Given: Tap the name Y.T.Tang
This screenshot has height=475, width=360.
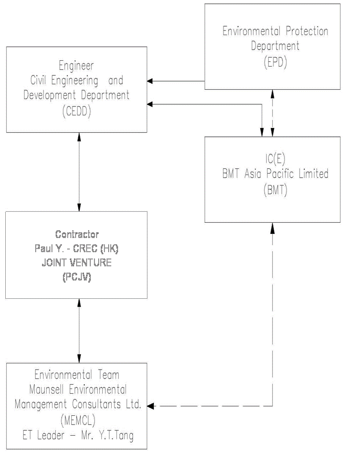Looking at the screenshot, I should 115,436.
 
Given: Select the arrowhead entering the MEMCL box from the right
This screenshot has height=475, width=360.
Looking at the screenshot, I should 151,406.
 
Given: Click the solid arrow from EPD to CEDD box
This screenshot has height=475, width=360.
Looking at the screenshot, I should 175,81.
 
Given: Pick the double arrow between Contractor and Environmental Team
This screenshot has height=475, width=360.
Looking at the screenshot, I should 79,330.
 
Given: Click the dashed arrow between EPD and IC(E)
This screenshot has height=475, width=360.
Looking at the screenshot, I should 272,113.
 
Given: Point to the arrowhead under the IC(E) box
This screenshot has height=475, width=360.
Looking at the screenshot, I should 272,226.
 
